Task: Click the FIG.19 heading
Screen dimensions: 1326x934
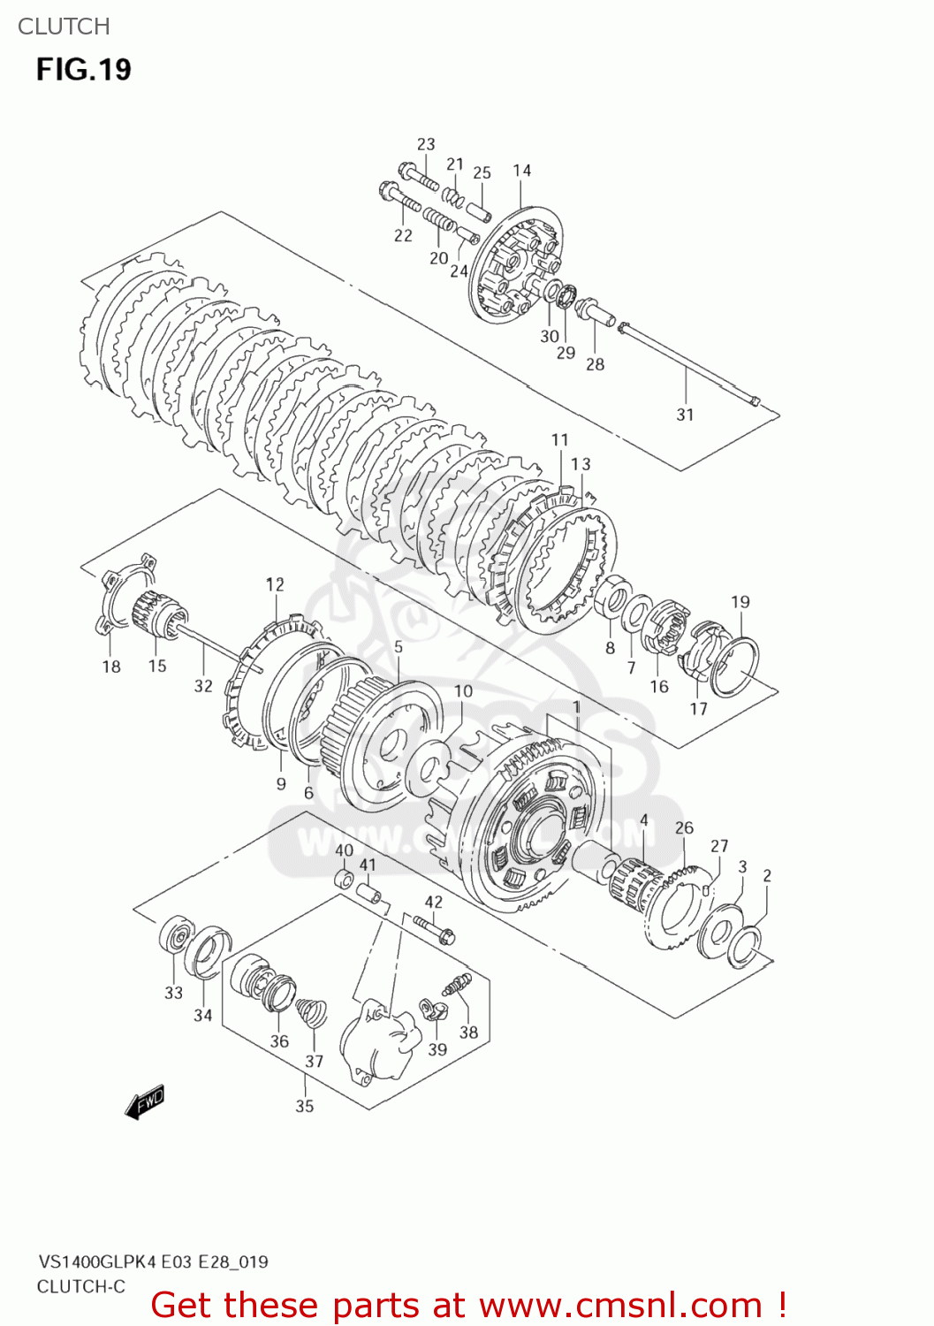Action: (x=83, y=69)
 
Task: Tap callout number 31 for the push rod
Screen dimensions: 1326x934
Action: (x=685, y=414)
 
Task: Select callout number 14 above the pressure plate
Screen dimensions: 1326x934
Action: (x=521, y=171)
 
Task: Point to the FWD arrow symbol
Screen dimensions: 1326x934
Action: (x=145, y=1102)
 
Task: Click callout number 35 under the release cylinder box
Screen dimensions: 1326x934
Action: (x=304, y=1105)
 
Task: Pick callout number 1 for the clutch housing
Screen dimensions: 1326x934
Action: (x=576, y=707)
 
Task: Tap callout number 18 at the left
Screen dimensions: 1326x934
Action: (x=111, y=667)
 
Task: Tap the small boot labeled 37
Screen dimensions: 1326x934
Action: (x=310, y=1013)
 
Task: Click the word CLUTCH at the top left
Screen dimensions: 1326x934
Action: (x=64, y=27)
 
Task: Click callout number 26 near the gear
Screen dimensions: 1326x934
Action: (x=684, y=827)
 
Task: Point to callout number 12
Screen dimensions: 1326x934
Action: (x=275, y=584)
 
